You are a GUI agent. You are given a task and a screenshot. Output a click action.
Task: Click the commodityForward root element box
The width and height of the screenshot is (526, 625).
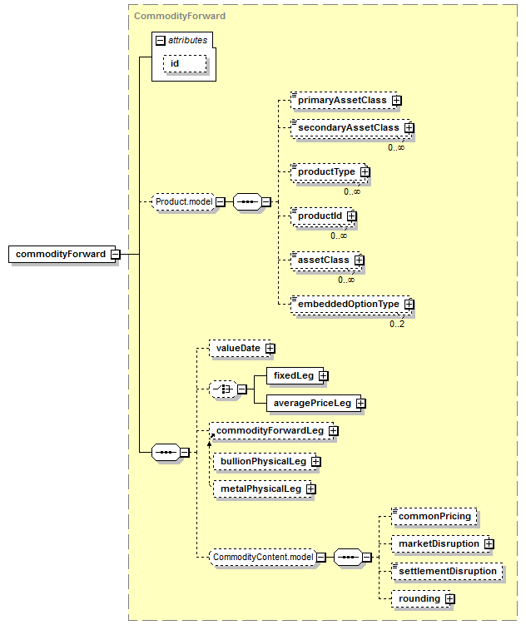[62, 254]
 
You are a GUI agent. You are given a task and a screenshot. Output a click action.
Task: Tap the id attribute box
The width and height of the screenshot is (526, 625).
[185, 64]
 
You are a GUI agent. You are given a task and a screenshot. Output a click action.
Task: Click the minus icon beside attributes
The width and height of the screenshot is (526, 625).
[160, 40]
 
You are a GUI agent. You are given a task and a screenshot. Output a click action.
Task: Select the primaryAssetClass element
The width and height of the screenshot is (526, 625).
[344, 100]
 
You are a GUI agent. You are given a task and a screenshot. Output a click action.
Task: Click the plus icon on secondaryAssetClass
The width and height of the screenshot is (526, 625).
[409, 127]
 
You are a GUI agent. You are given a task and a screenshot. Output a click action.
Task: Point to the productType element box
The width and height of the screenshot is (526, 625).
[329, 171]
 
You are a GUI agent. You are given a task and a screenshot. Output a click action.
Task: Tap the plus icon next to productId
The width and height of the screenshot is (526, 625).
[351, 216]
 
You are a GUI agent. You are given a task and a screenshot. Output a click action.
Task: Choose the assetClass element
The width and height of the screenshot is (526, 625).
[325, 260]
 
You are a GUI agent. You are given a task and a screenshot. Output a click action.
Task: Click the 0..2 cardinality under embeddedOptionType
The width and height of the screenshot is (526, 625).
[397, 324]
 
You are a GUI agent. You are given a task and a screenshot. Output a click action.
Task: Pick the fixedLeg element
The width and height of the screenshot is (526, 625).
[295, 376]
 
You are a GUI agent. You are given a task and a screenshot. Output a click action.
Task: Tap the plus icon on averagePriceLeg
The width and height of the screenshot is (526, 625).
[360, 404]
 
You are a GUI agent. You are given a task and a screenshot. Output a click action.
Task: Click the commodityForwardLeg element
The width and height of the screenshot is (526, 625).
[271, 431]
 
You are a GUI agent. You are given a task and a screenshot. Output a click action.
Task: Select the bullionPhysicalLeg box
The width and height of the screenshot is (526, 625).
[265, 462]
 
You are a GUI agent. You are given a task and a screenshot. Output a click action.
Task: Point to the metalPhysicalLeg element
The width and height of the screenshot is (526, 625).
[263, 489]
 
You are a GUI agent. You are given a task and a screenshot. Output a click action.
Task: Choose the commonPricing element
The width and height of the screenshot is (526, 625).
[434, 517]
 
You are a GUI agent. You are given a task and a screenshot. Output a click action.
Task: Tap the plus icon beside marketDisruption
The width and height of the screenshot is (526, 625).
[489, 544]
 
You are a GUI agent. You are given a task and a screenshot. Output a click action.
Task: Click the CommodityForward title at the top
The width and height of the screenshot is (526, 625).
[180, 16]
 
